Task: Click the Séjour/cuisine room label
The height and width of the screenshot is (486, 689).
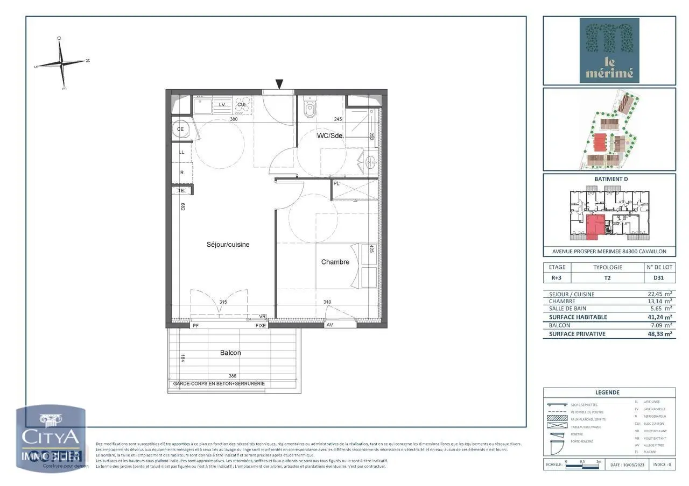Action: point(228,245)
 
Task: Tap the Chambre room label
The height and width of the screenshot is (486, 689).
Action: point(335,262)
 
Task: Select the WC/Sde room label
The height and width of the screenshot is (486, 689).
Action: point(330,135)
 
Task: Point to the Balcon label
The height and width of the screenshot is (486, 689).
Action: point(230,353)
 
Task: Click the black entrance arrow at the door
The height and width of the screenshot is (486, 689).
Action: point(279,83)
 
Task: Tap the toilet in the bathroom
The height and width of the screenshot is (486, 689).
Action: point(310,109)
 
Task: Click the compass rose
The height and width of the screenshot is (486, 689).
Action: point(62,63)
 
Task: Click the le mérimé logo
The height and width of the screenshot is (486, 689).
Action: point(609,51)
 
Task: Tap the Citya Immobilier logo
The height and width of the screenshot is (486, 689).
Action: point(50,438)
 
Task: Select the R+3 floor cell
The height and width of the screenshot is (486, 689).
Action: point(557,278)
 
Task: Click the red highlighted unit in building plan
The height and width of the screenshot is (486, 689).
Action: point(595,225)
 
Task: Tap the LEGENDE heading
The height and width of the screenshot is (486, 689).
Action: point(609,392)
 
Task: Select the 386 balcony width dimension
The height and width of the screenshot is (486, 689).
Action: point(233,376)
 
